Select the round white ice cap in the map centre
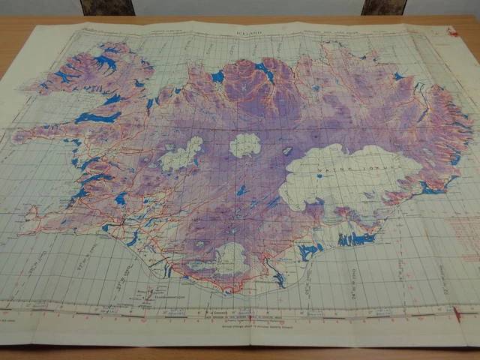pos(244,145)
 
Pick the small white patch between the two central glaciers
pos(287,151)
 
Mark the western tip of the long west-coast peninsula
pos(15,138)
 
